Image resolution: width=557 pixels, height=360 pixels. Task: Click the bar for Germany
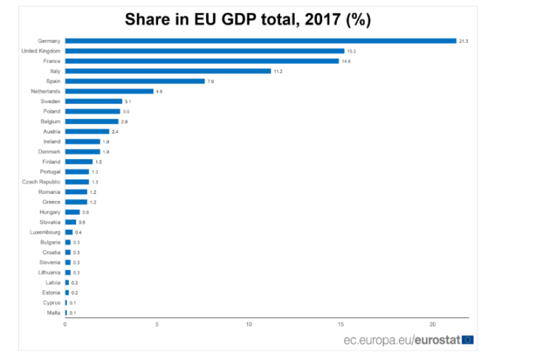(260, 41)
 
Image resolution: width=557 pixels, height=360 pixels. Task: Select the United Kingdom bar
(205, 51)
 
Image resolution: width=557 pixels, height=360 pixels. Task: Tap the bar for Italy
(168, 71)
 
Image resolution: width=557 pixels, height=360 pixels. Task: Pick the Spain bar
(135, 81)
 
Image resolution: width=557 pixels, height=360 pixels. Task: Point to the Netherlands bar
(109, 91)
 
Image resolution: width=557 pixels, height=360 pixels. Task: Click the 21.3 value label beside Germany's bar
(463, 41)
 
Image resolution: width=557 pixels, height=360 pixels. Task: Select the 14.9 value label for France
(347, 61)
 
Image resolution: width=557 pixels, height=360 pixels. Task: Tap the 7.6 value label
(210, 81)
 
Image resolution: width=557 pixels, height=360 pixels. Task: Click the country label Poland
(51, 112)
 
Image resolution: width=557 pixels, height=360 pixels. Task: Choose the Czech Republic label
(41, 182)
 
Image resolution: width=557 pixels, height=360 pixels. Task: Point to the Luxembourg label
(46, 232)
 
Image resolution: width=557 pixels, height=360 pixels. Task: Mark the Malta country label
(54, 313)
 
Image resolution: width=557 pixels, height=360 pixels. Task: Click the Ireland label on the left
(52, 142)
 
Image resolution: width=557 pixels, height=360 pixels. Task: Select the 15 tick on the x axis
(341, 324)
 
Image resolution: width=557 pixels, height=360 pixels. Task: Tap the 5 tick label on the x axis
(157, 324)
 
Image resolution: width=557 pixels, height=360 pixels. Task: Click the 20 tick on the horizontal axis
(432, 324)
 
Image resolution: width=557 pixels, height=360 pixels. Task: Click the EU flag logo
(468, 339)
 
